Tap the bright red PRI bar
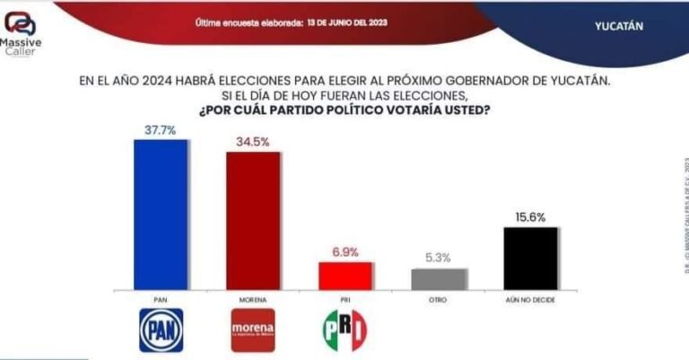344,275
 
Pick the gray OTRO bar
439,278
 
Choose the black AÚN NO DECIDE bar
530,258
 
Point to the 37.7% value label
161,129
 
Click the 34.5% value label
253,141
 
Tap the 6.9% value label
344,252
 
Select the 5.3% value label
439,259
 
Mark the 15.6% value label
530,216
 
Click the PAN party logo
161,329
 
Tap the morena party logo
252,329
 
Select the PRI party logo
344,329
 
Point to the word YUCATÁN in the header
619,26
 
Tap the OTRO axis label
439,298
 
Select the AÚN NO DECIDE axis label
530,298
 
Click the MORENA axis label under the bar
252,298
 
